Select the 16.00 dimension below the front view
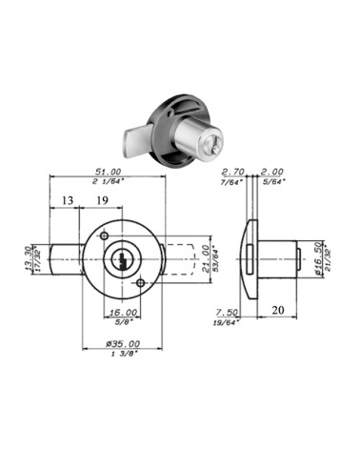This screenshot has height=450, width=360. point(123,312)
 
